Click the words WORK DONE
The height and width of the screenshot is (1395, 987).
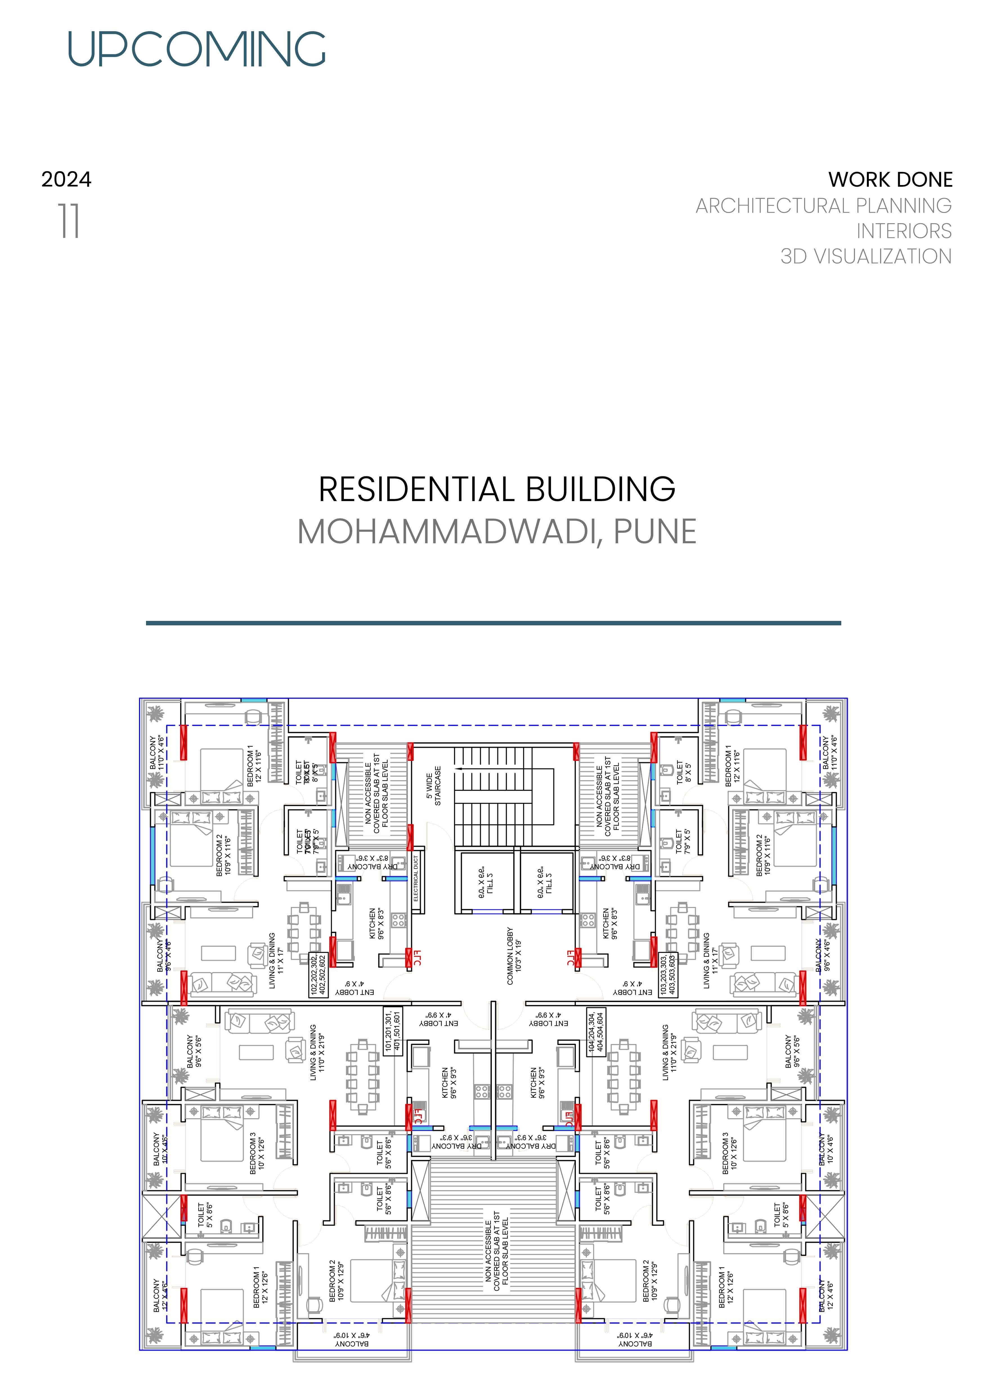pos(890,180)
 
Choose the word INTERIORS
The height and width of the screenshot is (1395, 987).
pos(904,231)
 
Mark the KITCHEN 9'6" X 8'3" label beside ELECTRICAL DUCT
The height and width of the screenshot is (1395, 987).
pos(377,923)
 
